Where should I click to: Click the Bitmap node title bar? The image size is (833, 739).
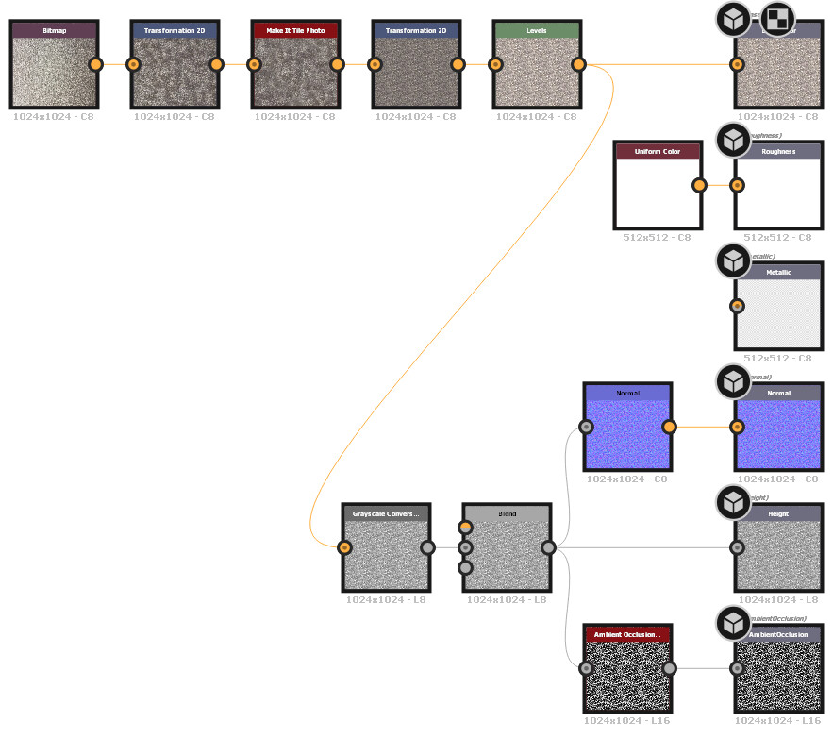[x=54, y=30]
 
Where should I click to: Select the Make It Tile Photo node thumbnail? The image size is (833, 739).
[x=295, y=72]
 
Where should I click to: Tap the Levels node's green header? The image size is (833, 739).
[x=537, y=30]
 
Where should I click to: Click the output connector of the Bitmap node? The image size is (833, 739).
[x=95, y=64]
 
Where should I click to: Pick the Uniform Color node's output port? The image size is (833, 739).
[x=699, y=185]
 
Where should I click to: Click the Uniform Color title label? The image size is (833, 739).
[x=658, y=151]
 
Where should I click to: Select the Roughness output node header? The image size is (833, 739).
[x=778, y=151]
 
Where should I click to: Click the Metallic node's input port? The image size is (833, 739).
[x=737, y=306]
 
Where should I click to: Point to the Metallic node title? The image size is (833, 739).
[x=778, y=272]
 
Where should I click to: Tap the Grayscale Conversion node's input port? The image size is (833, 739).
[x=344, y=547]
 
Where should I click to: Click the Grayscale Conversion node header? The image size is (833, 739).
[x=386, y=514]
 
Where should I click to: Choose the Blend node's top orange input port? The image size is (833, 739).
[x=465, y=527]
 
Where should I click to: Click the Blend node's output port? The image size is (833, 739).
[x=548, y=547]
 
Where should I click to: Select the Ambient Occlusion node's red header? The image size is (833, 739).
[x=627, y=634]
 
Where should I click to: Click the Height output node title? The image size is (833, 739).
[x=778, y=514]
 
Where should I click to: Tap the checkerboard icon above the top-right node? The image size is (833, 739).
[x=777, y=17]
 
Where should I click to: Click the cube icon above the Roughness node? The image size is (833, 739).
[x=733, y=140]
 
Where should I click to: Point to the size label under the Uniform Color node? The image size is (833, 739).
[x=658, y=237]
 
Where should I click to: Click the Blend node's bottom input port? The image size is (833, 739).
[x=465, y=567]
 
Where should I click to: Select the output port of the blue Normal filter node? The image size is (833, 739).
[x=669, y=427]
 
